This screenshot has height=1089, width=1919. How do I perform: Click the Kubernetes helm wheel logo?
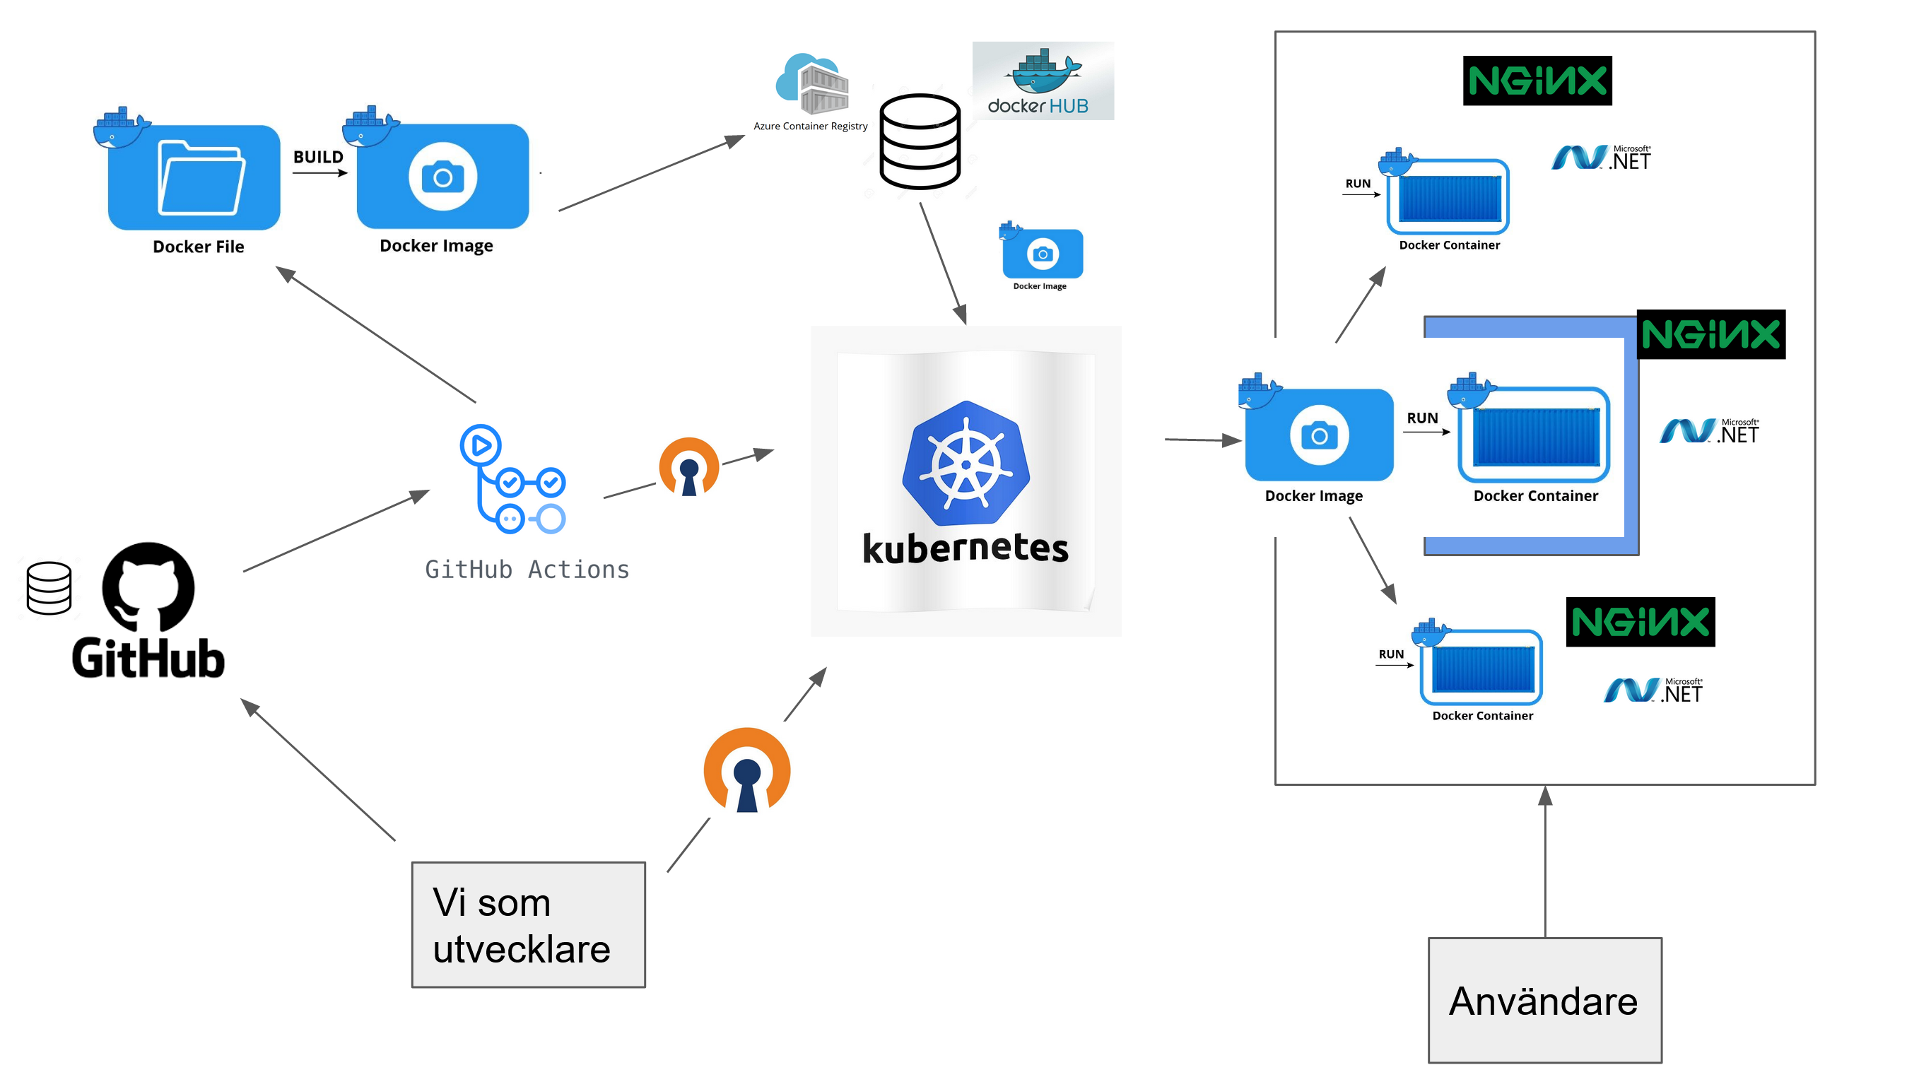(x=966, y=463)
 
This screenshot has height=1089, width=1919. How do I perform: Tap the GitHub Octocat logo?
(x=148, y=587)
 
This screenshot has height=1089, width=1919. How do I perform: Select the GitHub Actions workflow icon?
(x=513, y=479)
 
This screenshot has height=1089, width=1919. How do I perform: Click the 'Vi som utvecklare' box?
(x=528, y=924)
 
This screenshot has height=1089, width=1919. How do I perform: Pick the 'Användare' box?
(x=1544, y=1000)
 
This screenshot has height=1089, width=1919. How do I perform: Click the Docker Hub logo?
(x=1042, y=81)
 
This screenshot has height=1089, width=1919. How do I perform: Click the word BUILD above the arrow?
(x=318, y=157)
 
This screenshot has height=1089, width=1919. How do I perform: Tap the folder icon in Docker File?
(x=201, y=177)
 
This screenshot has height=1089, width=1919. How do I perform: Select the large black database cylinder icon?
(x=919, y=141)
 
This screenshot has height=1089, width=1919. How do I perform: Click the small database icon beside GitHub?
(x=49, y=588)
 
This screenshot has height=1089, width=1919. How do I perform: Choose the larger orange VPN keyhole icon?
(x=746, y=770)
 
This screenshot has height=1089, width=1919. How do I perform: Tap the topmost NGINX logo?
(x=1537, y=81)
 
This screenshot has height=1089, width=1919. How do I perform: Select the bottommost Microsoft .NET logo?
(x=1653, y=690)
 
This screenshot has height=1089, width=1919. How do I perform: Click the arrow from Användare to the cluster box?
(x=1545, y=860)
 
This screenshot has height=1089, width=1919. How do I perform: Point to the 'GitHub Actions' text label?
(x=527, y=570)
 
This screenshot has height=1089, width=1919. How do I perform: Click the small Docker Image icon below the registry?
(x=1042, y=253)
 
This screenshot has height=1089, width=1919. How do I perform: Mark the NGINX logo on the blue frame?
(x=1710, y=334)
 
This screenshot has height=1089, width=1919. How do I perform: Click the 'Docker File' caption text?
(x=198, y=247)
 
